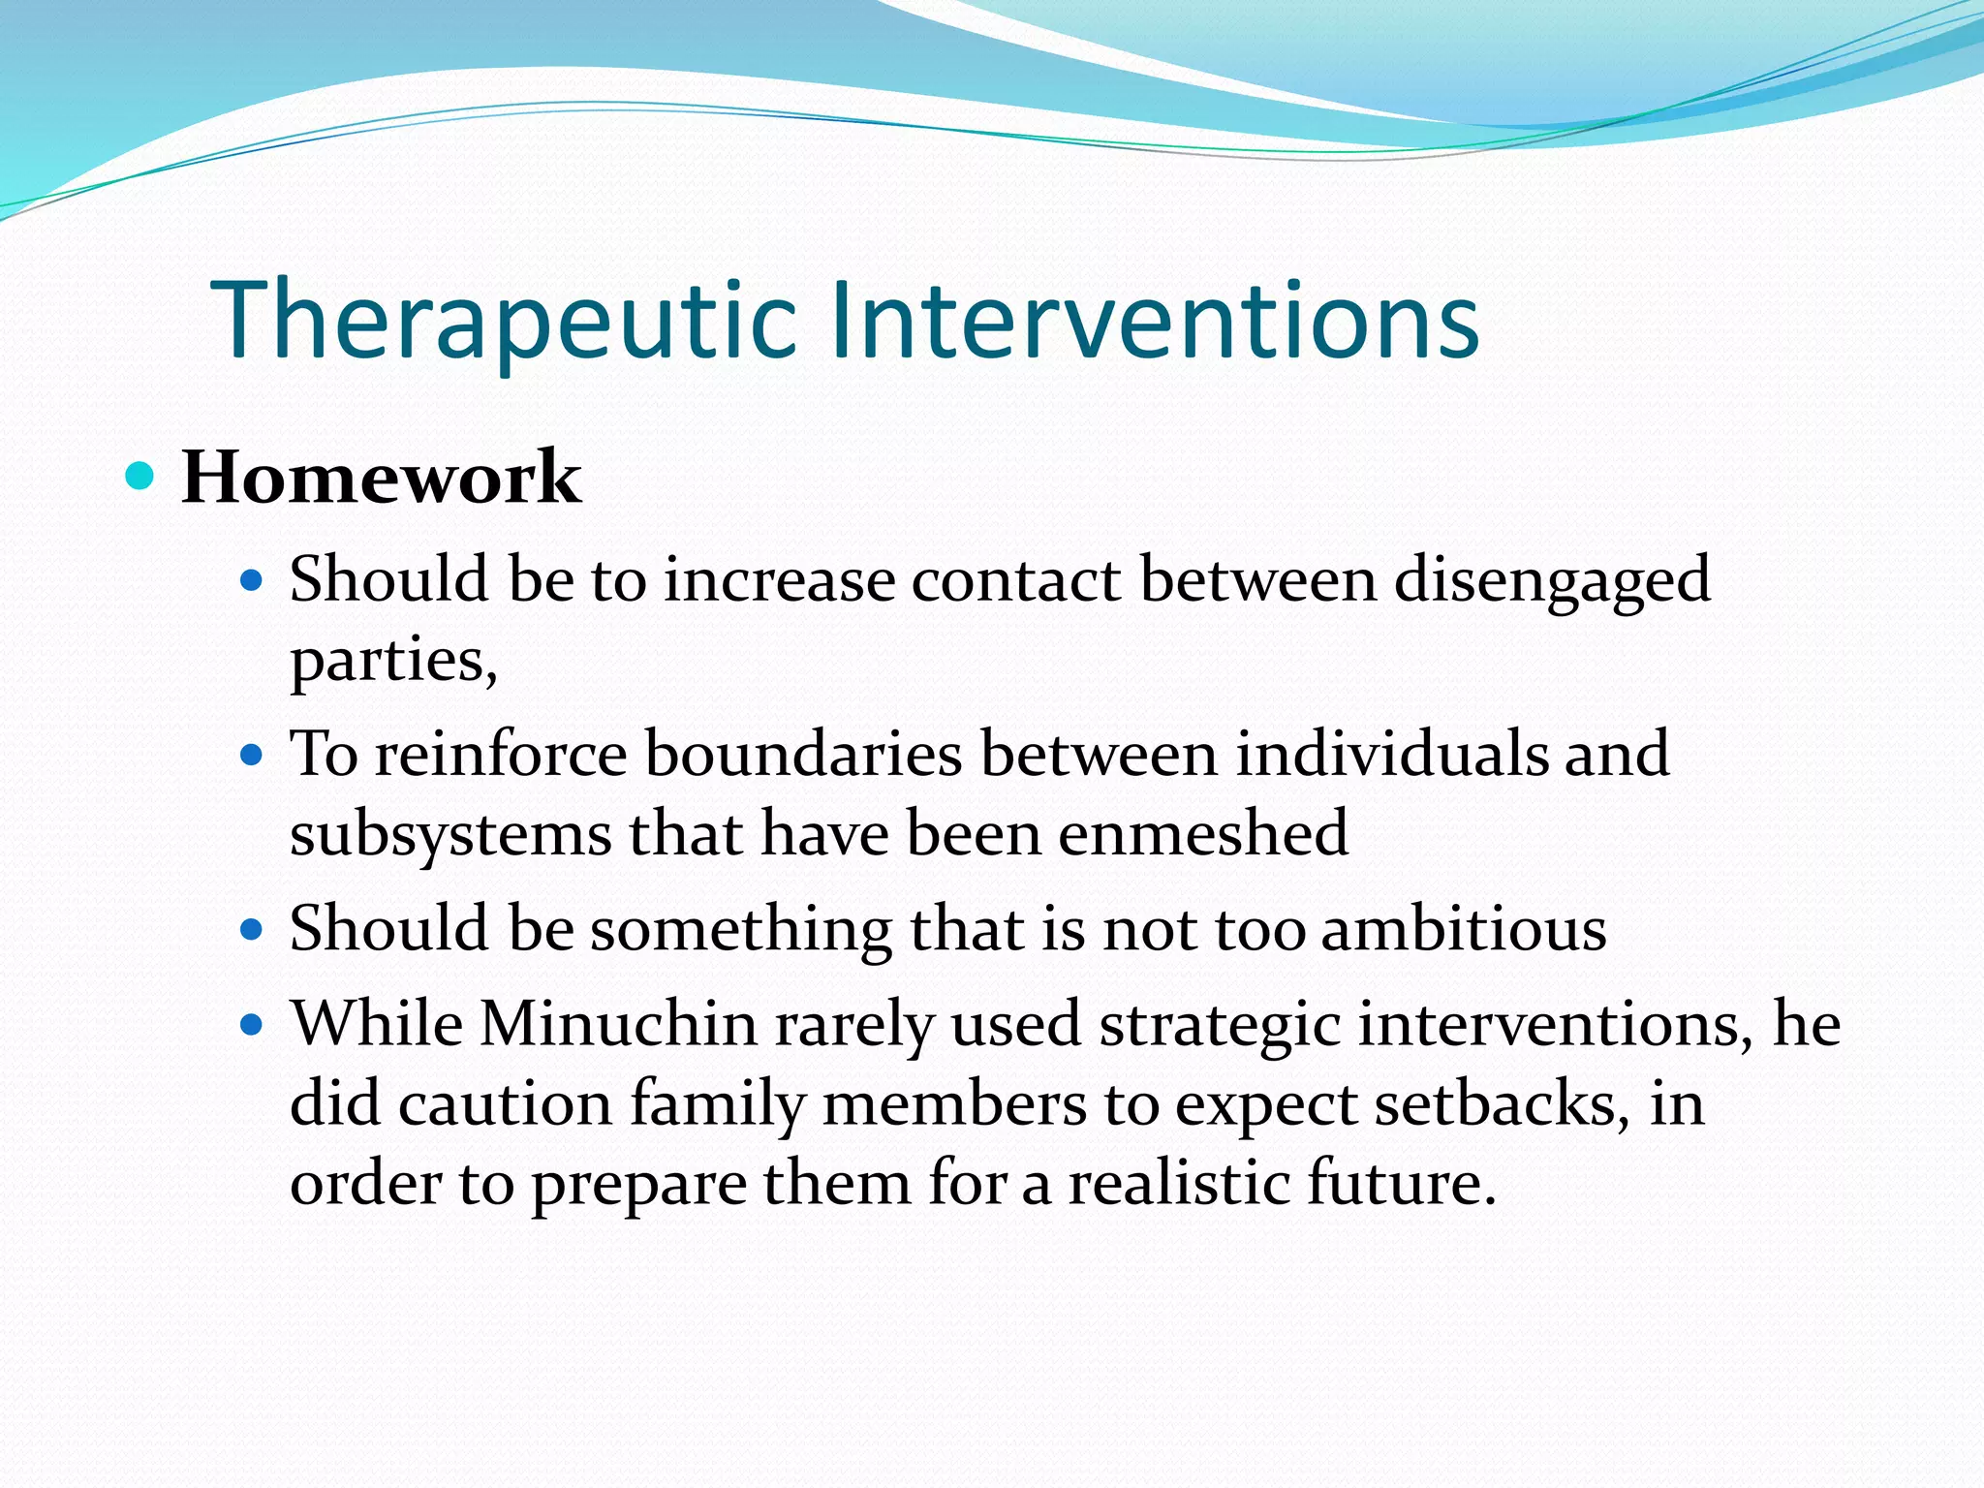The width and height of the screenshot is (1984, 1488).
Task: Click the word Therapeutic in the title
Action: [504, 320]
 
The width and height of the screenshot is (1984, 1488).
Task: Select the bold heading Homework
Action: [381, 478]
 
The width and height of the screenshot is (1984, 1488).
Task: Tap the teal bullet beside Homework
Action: [140, 476]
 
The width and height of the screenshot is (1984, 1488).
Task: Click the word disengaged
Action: [1552, 581]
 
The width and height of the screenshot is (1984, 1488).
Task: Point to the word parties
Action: [392, 663]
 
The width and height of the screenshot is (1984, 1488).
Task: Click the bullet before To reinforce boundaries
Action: [252, 755]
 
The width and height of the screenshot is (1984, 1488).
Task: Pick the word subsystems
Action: [450, 835]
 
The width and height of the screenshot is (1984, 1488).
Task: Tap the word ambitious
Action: [1464, 929]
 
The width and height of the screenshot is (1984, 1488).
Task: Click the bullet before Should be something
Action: [252, 930]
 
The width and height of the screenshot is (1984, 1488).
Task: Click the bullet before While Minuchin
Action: [252, 1025]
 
